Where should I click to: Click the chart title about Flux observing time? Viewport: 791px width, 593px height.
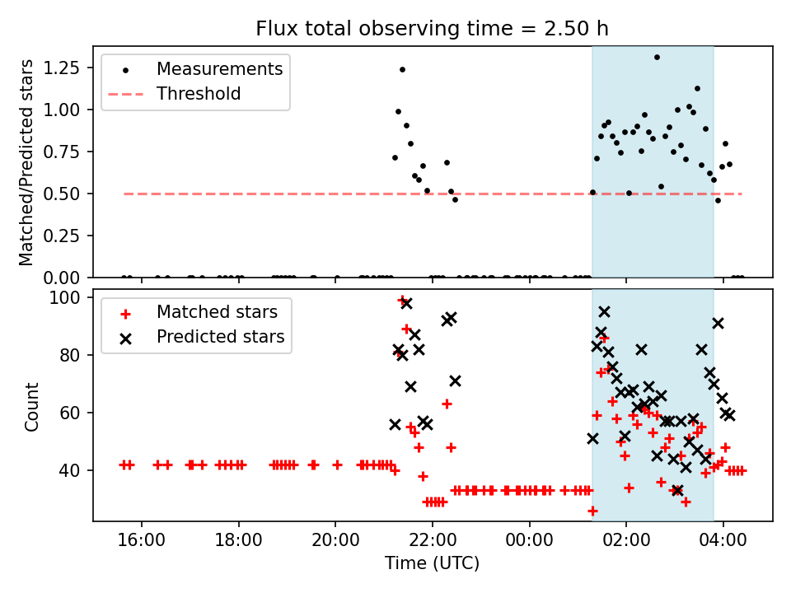(x=432, y=29)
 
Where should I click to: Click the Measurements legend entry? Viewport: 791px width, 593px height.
(x=219, y=68)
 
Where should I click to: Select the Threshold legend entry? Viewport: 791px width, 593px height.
(x=199, y=94)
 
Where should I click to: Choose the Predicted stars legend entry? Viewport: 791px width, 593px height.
(x=220, y=337)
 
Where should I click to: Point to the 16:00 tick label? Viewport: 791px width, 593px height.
(x=142, y=541)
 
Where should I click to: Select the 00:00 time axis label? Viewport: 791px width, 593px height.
(x=529, y=541)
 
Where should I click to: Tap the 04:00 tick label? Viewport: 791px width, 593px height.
(x=723, y=541)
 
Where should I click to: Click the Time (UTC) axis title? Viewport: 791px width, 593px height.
(x=432, y=564)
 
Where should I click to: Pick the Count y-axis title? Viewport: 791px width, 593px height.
(x=32, y=406)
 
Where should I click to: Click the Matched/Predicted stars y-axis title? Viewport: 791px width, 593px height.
(x=27, y=162)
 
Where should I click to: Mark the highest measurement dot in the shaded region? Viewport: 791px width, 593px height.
(x=657, y=57)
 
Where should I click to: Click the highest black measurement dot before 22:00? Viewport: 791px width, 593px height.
(x=402, y=69)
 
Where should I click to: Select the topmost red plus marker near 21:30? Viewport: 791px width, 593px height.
(x=402, y=301)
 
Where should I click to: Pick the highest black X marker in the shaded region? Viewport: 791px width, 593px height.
(x=604, y=311)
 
